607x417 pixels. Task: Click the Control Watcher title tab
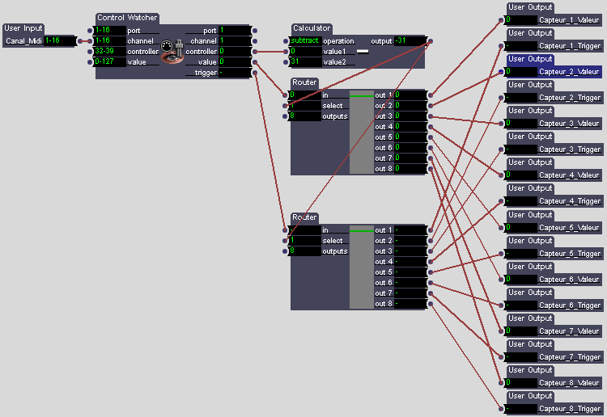pos(127,18)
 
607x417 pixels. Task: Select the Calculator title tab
pos(312,28)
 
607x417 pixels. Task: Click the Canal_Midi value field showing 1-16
pos(60,40)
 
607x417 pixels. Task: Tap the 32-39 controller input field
pos(110,51)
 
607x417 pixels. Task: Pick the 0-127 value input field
pos(110,61)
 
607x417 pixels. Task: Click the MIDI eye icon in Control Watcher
pos(172,52)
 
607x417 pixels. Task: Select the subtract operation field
pos(305,40)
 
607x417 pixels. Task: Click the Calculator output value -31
pos(410,40)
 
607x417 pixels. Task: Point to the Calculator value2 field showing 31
pos(305,61)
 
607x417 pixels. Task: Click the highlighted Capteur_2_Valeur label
pos(569,71)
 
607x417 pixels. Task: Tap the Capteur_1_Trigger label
pos(570,46)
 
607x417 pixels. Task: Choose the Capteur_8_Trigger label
pos(570,408)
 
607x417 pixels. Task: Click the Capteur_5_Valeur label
pos(569,228)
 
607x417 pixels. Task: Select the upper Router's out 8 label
pos(384,169)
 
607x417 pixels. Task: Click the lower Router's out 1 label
pos(384,230)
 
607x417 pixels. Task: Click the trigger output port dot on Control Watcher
pos(255,73)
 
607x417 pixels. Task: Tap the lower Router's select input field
pos(305,240)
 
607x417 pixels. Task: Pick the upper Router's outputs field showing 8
pos(305,116)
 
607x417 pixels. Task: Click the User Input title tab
pos(23,28)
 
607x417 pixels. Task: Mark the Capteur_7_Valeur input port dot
pos(501,331)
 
